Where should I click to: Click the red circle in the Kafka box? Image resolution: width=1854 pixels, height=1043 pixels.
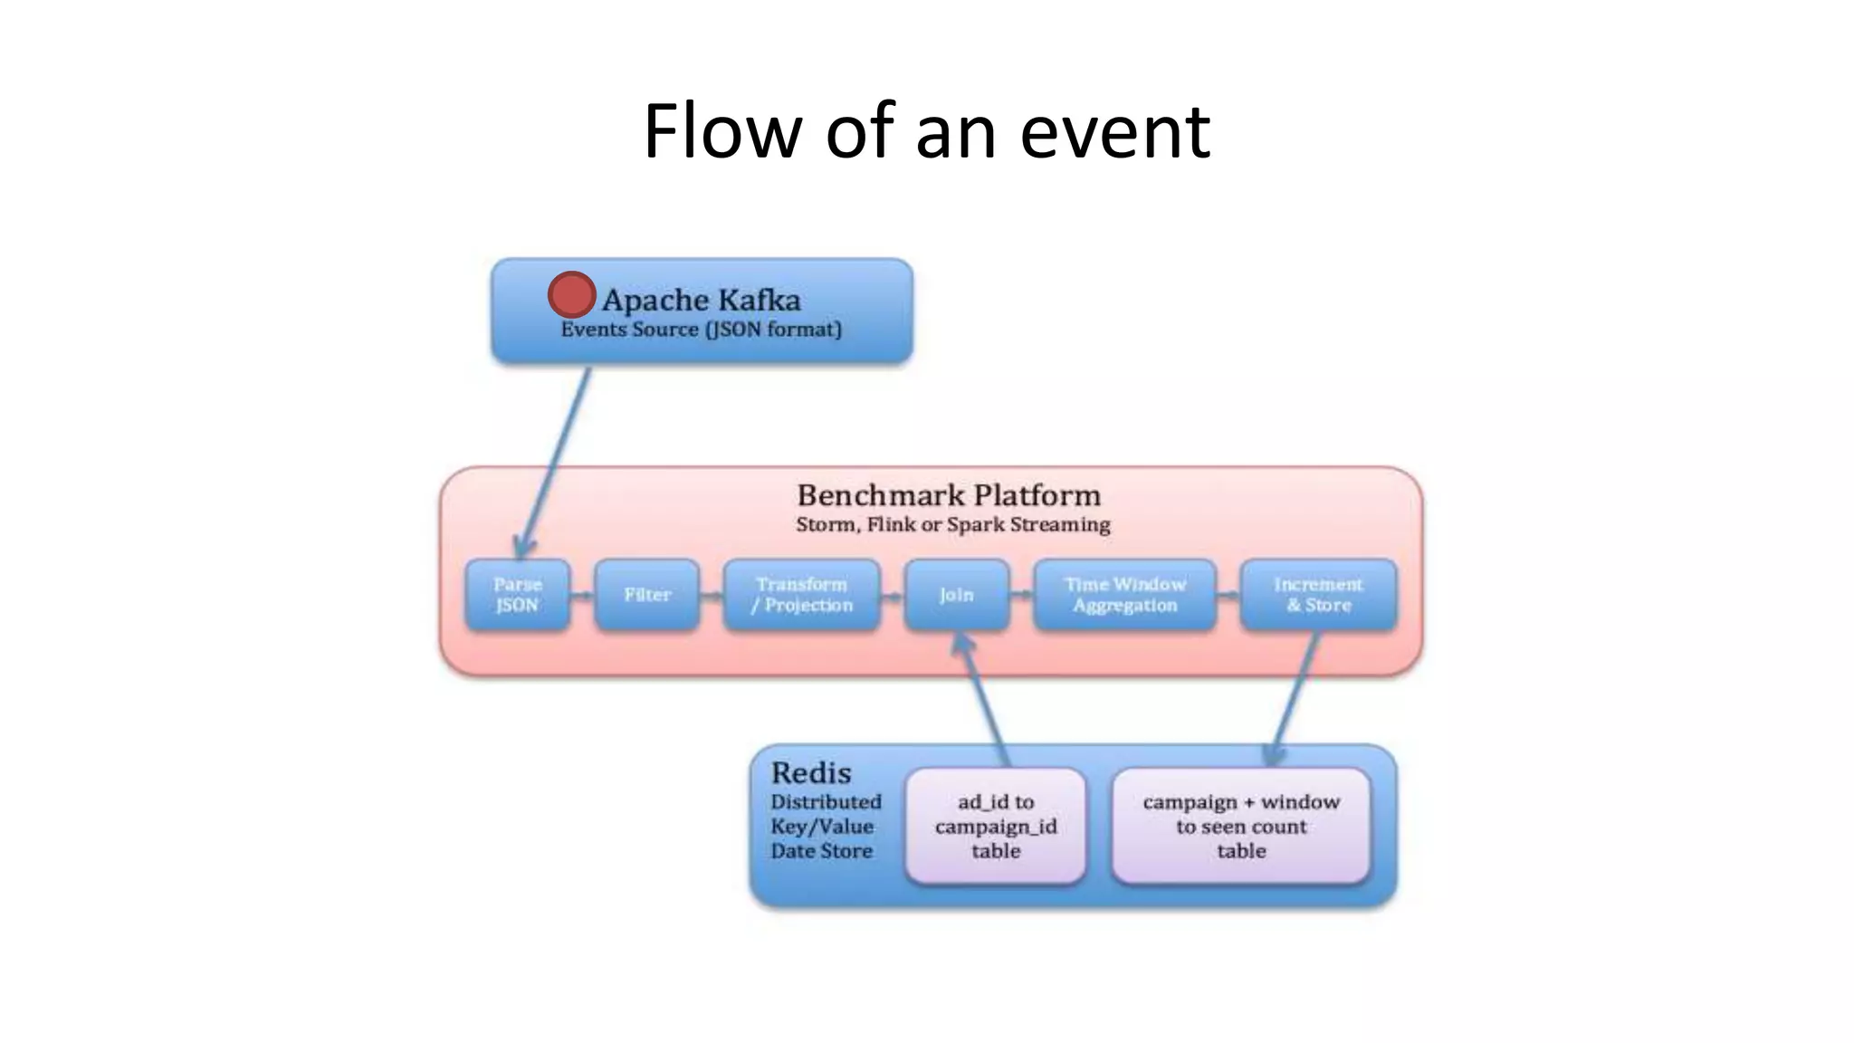click(571, 295)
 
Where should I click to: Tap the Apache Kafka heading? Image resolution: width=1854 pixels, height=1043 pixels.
click(702, 300)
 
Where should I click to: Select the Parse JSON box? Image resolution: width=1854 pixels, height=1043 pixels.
click(517, 595)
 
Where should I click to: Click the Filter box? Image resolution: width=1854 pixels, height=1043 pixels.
click(646, 595)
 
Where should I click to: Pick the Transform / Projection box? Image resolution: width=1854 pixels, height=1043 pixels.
click(801, 595)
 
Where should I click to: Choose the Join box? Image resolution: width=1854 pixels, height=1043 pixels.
click(956, 595)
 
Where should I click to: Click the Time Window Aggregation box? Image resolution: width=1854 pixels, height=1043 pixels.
click(1124, 595)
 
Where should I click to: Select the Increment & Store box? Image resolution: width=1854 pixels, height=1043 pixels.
click(1318, 595)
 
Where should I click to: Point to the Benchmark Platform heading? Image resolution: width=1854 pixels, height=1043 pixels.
click(949, 495)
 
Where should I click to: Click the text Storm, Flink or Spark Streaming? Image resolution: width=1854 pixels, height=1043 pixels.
click(952, 525)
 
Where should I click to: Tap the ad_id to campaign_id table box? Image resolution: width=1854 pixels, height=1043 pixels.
click(995, 826)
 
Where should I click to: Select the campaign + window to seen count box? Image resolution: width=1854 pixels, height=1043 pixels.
click(1240, 826)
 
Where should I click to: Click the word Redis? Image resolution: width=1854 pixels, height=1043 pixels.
click(810, 773)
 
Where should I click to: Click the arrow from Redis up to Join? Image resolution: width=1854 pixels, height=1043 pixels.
click(984, 697)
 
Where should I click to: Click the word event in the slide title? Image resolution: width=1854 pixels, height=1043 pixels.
click(1115, 131)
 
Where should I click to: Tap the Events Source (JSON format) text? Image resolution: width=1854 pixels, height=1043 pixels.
click(701, 330)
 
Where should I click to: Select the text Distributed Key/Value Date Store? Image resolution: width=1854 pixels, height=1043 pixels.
click(824, 827)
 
